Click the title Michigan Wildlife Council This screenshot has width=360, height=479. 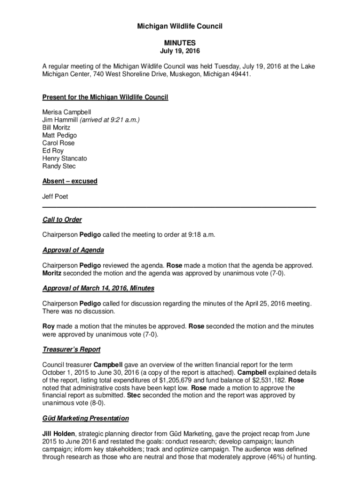coord(180,27)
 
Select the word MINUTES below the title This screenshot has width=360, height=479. coord(180,43)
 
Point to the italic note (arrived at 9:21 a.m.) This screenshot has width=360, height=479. coord(110,120)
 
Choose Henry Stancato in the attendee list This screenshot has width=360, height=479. coord(65,159)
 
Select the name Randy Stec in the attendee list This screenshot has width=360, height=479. coord(59,166)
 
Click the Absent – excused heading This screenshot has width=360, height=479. coord(70,181)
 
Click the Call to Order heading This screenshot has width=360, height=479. coord(62,219)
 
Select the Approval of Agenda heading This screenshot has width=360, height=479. coord(73,250)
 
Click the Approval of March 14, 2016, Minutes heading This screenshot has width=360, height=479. coord(98,288)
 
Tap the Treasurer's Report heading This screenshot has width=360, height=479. coord(72,349)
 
